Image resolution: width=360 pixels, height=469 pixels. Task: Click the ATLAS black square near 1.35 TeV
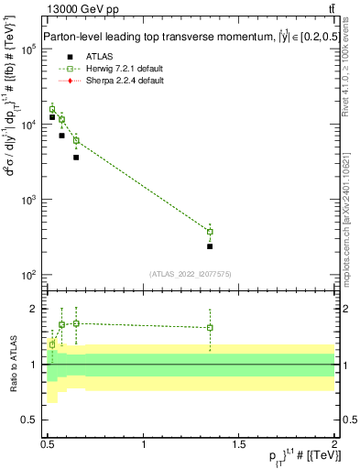tap(210, 246)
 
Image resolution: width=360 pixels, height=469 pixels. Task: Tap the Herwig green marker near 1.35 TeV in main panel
tap(210, 232)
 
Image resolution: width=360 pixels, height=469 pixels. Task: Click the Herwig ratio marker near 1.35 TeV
tap(210, 327)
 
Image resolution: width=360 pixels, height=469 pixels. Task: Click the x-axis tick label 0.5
tap(48, 444)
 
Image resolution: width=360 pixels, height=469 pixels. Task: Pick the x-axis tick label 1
tap(144, 444)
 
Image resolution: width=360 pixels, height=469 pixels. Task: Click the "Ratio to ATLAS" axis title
tap(12, 365)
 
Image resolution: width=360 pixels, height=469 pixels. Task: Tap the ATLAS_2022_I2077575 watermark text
tap(190, 273)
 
